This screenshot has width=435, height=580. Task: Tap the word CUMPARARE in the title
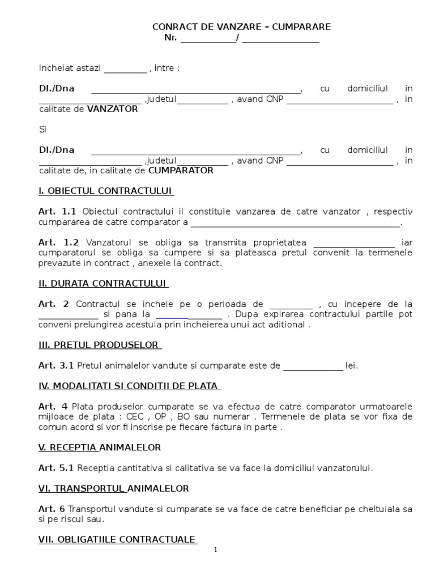tap(302, 27)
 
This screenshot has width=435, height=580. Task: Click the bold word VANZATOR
tap(112, 109)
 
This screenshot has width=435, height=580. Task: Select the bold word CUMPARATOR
tap(181, 170)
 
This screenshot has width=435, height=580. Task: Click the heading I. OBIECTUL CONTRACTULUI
tap(106, 191)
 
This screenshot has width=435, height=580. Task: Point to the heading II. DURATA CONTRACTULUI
tap(103, 283)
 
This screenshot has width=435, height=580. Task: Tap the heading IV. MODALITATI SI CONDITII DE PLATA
tap(129, 386)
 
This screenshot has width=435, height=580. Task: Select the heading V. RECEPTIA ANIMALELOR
tap(100, 447)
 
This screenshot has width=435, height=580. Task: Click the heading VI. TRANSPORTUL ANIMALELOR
tap(113, 488)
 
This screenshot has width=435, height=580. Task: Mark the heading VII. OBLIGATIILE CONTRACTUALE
tap(118, 540)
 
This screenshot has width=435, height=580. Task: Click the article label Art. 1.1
tap(58, 211)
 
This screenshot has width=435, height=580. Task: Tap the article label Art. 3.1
tap(57, 365)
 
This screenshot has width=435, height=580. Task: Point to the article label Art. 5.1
tap(57, 468)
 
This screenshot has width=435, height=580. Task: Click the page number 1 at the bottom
tap(216, 550)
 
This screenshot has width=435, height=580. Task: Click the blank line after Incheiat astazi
tap(125, 69)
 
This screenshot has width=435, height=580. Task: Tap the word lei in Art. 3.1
tap(352, 365)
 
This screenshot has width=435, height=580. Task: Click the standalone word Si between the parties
tap(42, 130)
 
